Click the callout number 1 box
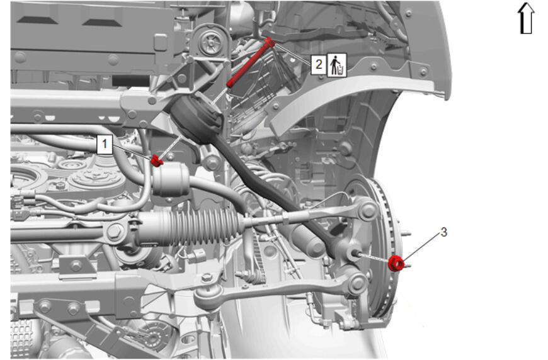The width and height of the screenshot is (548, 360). tap(104, 144)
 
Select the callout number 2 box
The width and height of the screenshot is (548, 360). tap(319, 64)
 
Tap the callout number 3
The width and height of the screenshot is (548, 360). tap(443, 232)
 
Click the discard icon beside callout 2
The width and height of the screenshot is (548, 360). tap(337, 65)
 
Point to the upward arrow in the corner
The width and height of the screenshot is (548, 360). tap(526, 18)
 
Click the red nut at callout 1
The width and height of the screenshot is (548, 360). tap(157, 161)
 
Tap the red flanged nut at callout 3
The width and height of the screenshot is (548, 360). tap(396, 263)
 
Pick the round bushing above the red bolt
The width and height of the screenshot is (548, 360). tap(212, 43)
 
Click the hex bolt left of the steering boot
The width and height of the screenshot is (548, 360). tap(115, 231)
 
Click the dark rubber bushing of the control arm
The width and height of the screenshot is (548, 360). tap(196, 119)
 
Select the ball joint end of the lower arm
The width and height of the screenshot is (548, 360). tap(207, 297)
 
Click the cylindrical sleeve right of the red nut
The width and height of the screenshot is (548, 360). tap(171, 180)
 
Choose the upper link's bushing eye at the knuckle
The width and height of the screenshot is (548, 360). tap(368, 210)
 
